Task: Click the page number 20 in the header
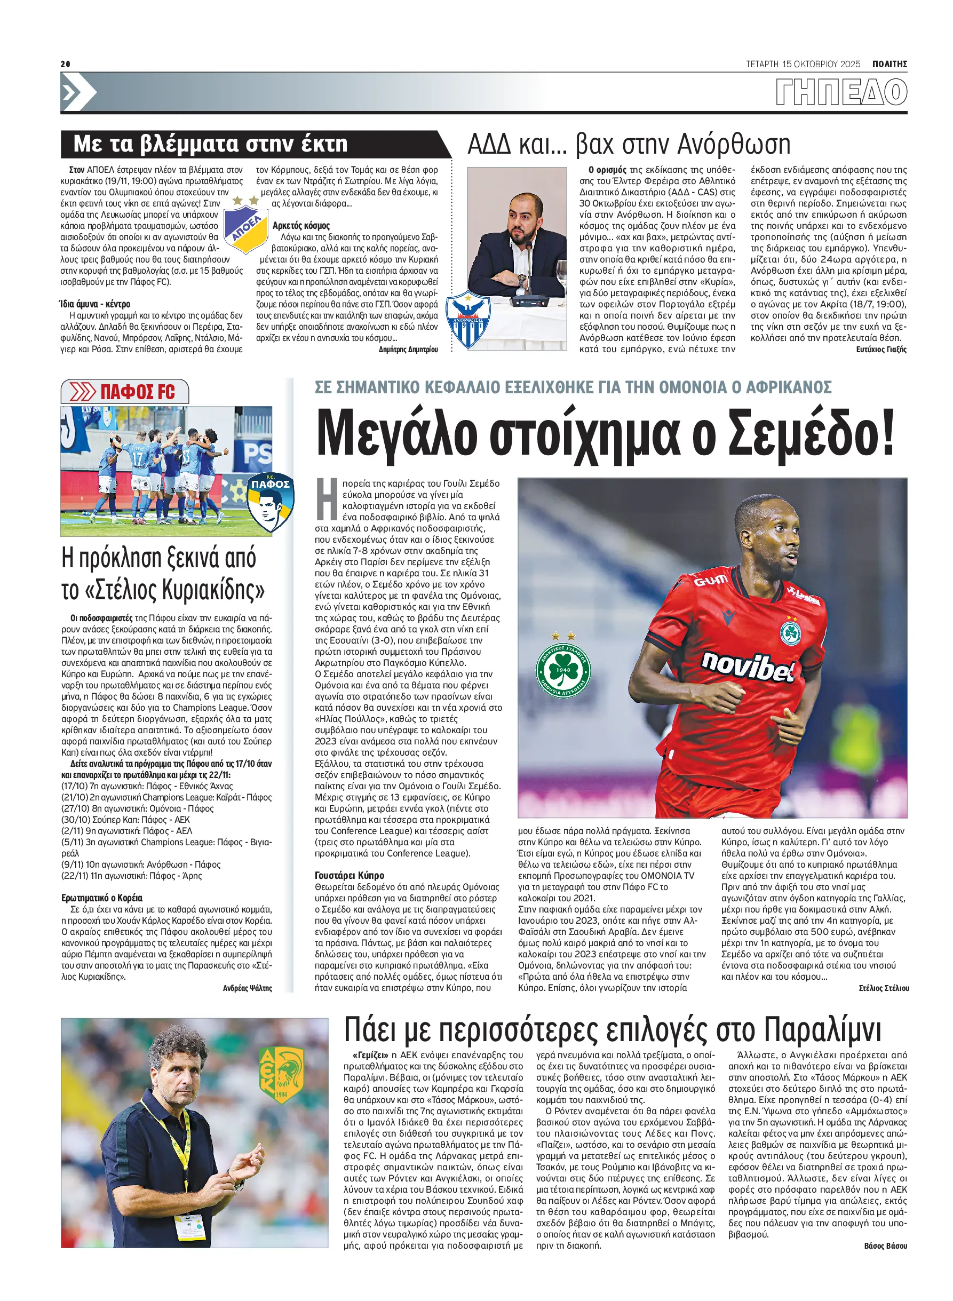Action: (x=65, y=64)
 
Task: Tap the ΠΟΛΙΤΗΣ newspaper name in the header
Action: (x=889, y=64)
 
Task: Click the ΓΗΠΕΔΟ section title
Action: (x=841, y=92)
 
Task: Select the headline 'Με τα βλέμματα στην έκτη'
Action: (x=211, y=144)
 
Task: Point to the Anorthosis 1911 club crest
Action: (x=468, y=320)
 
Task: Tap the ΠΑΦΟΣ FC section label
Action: (x=137, y=392)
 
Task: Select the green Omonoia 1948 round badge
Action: (x=562, y=670)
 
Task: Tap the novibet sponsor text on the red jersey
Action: (x=747, y=667)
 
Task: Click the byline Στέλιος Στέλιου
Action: (x=883, y=988)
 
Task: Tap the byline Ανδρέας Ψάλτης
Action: (x=247, y=988)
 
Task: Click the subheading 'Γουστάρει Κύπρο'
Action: (x=350, y=875)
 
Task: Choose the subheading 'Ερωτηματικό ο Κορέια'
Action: (x=101, y=898)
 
